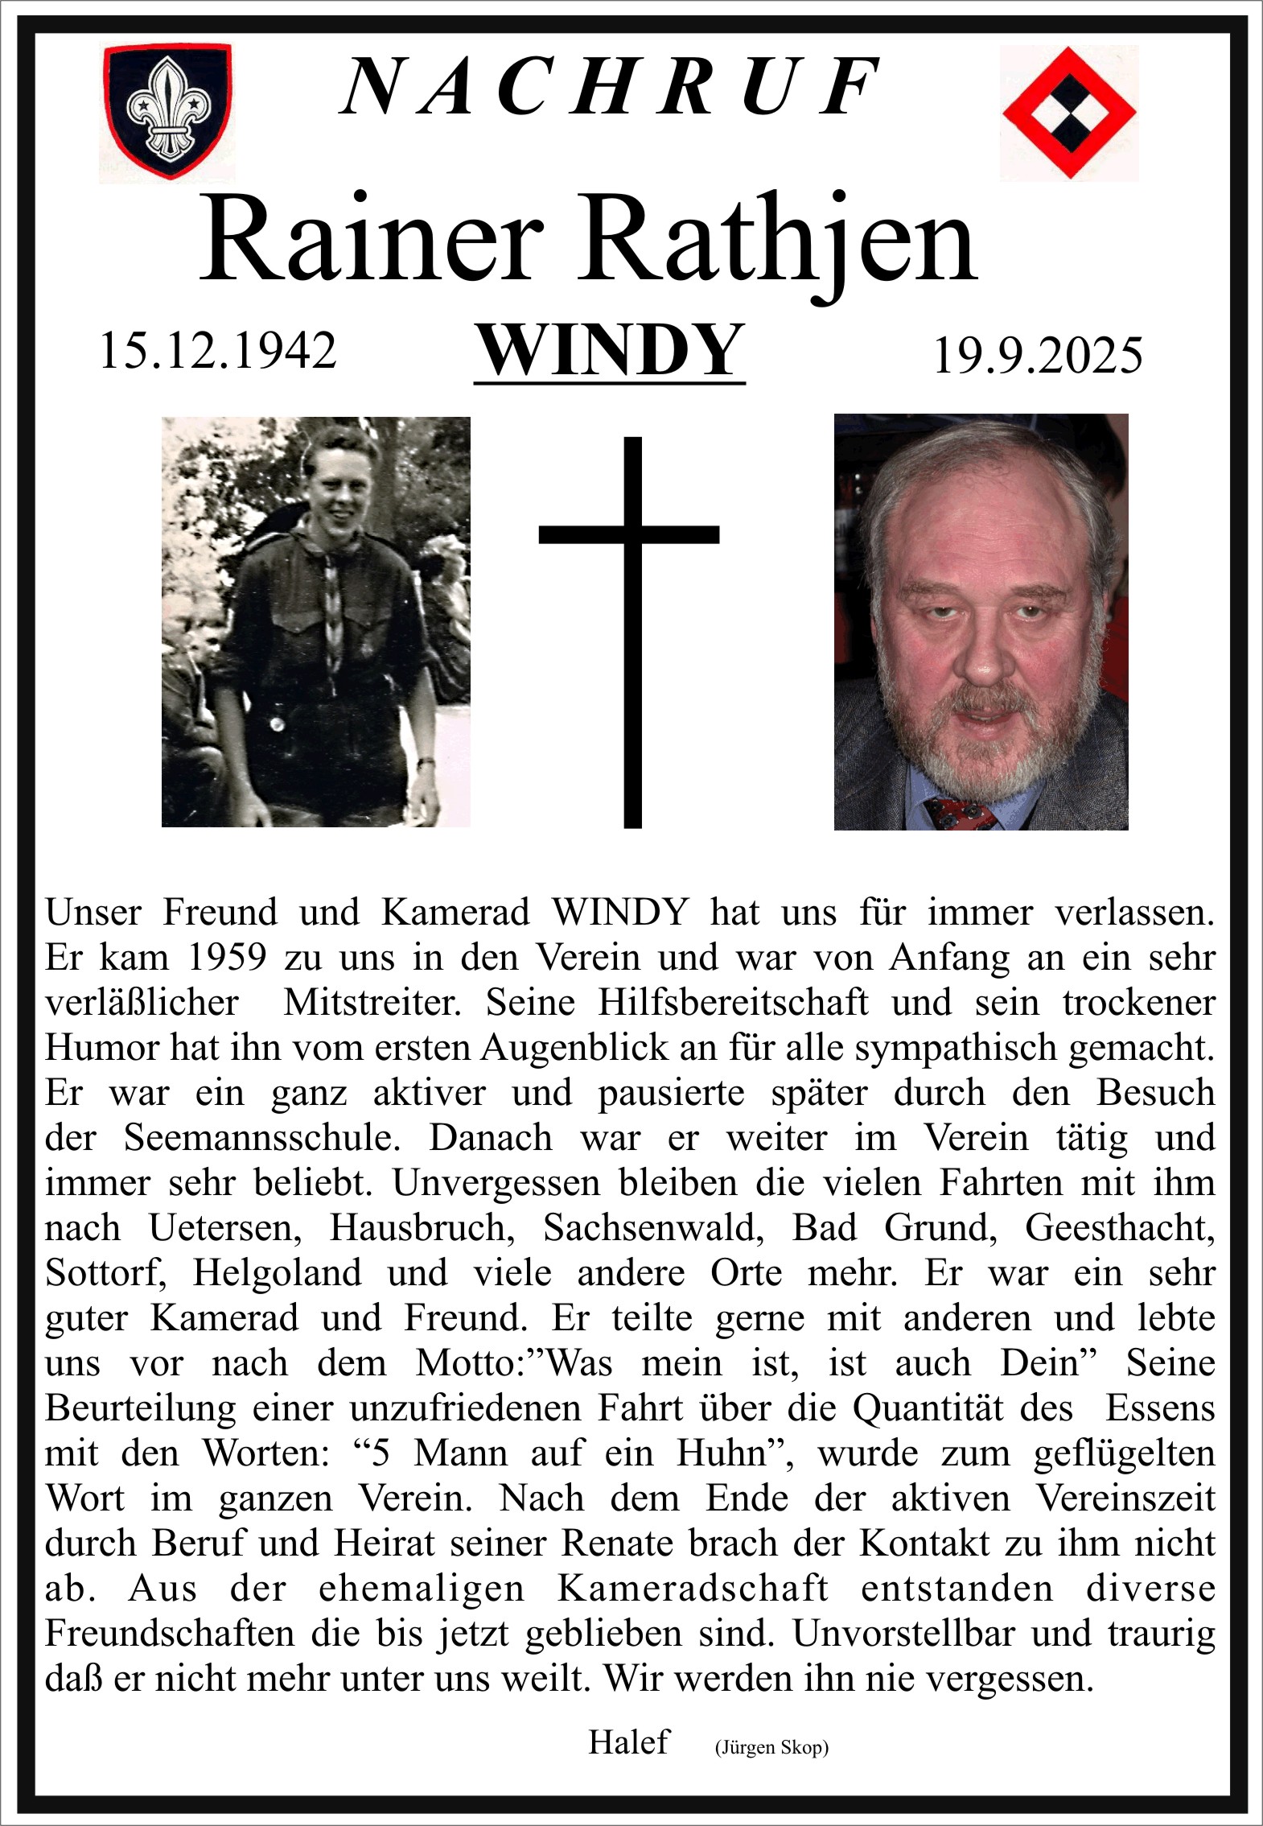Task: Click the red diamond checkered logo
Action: (1068, 112)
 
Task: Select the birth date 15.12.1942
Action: (217, 351)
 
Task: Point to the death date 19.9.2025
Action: (1038, 355)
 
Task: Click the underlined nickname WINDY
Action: (610, 350)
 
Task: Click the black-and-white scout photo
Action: (315, 621)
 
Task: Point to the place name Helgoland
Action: (276, 1272)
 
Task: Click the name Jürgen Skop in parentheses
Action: (771, 1747)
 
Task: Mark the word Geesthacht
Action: (1119, 1227)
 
